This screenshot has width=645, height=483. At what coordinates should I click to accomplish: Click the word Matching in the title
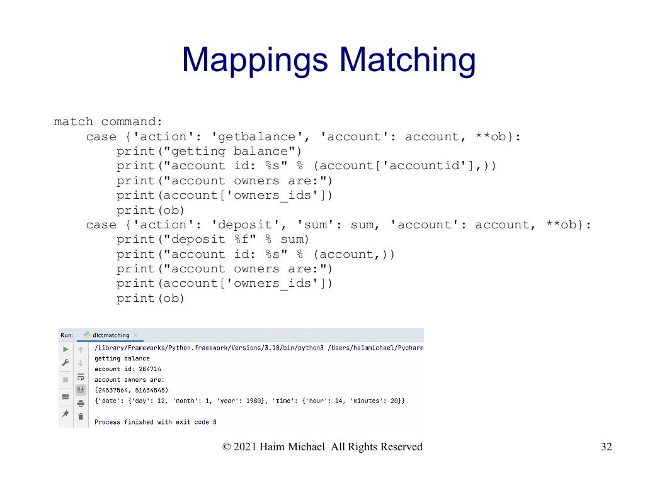[407, 61]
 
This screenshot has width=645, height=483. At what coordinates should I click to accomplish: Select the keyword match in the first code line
[74, 122]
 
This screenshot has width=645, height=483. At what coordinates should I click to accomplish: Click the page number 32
[606, 447]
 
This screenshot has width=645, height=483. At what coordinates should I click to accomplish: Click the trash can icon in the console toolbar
[81, 416]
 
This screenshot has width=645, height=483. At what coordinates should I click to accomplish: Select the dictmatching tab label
[110, 335]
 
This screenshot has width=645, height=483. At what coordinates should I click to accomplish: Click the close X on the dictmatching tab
[135, 335]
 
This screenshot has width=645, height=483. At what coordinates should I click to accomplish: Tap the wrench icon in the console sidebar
[65, 364]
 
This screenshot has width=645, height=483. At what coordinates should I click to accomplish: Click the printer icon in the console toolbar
[81, 403]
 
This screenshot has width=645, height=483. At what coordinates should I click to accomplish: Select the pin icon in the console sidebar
[65, 414]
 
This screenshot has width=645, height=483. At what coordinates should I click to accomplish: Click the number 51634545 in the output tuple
[149, 390]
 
